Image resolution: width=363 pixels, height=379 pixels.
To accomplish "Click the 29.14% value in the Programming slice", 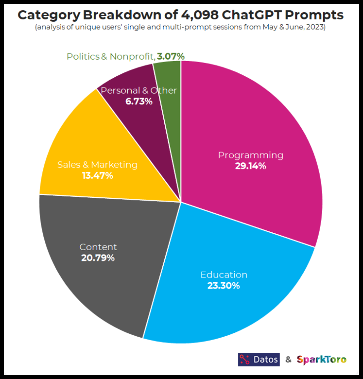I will click(251, 166).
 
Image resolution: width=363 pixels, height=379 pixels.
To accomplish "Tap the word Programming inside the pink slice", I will click(251, 155).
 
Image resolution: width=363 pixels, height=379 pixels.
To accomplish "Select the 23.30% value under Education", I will click(223, 285).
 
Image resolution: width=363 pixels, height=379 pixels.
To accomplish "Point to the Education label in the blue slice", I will click(223, 275).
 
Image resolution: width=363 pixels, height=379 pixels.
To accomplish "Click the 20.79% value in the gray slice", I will click(98, 258).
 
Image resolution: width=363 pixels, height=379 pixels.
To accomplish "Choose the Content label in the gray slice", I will click(98, 247).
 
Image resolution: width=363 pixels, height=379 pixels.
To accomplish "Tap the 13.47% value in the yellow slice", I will click(97, 175).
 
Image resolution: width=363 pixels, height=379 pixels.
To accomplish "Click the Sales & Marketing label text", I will click(97, 165).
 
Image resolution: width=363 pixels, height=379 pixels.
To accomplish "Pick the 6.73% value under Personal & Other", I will click(139, 101).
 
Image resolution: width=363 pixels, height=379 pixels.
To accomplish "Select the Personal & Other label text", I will click(139, 91).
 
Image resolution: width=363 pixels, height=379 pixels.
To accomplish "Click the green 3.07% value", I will click(170, 57).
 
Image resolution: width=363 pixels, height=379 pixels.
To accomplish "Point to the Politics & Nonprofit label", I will click(110, 57).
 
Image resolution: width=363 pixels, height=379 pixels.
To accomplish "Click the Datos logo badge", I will click(258, 359).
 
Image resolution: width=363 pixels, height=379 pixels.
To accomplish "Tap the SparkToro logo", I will click(322, 359).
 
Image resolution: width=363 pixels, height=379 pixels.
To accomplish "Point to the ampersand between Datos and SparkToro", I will click(289, 359).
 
